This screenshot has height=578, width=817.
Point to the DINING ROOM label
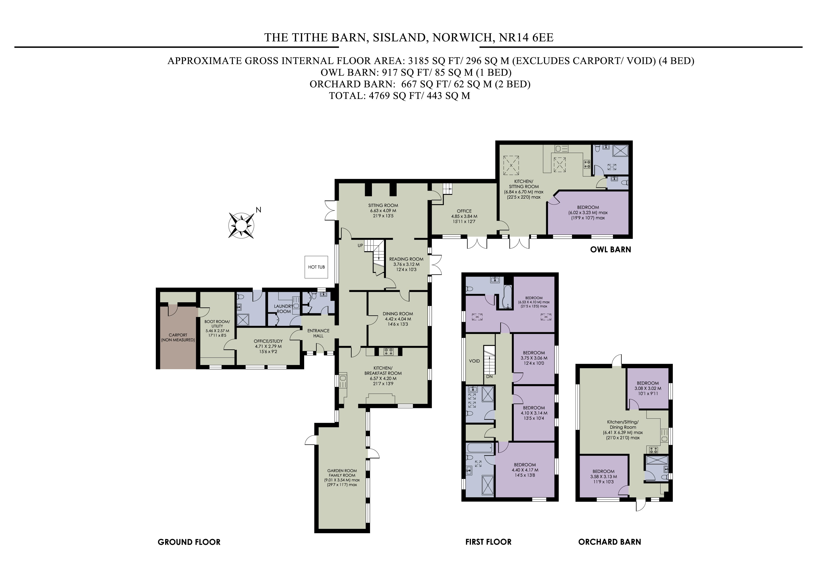398,314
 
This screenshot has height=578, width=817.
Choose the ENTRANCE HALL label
318,333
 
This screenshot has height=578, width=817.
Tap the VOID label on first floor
474,361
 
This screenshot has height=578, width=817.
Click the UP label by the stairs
361,245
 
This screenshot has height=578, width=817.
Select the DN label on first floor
489,376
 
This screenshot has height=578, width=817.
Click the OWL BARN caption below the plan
611,249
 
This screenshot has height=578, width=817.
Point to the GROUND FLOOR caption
189,542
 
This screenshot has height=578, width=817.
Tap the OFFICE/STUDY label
268,341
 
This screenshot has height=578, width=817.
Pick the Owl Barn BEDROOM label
588,207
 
